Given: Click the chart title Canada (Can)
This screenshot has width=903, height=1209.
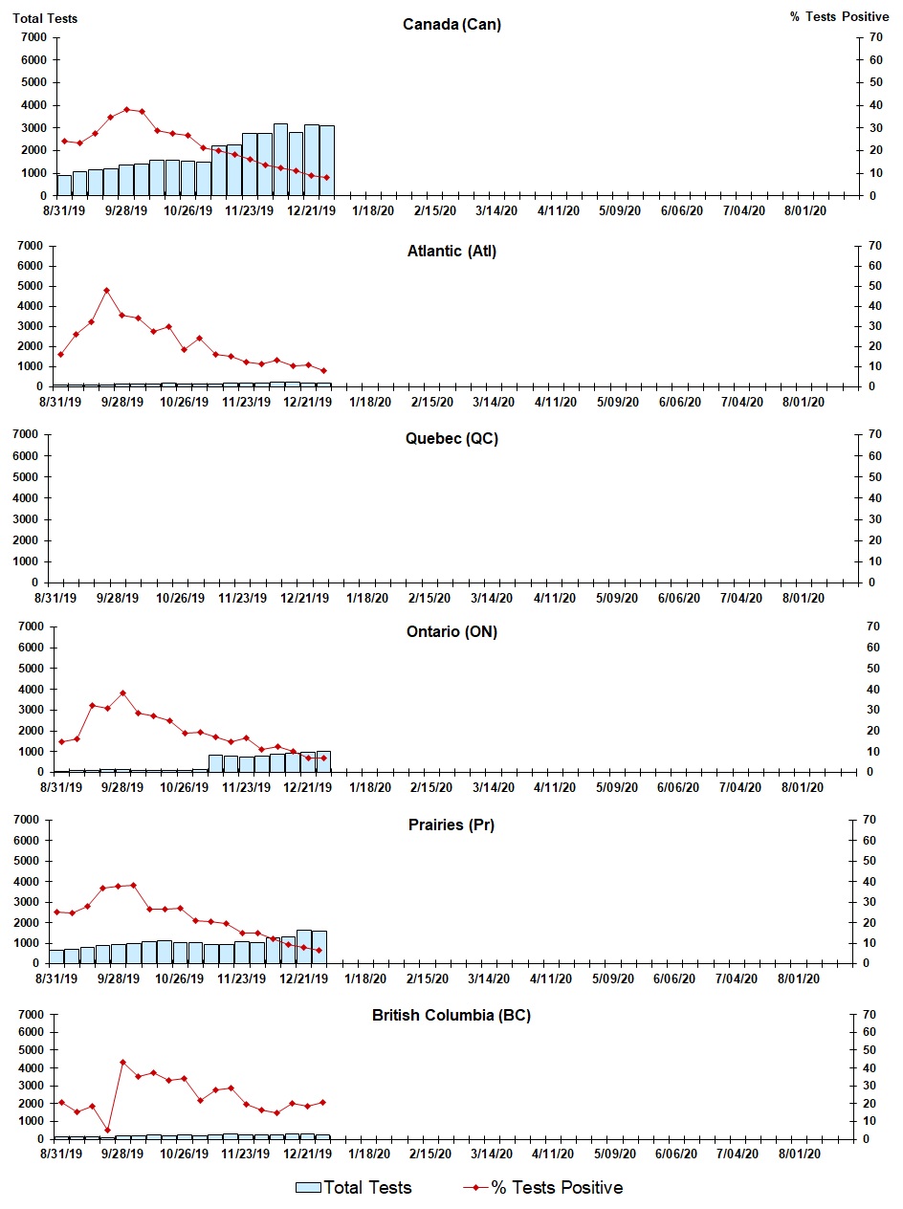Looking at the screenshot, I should pos(451,25).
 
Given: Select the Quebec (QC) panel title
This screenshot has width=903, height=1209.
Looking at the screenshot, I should pos(451,439).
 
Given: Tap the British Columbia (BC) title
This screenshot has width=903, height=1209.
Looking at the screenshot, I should pos(451,1015).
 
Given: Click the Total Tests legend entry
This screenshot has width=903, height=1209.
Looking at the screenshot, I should pos(354,1188).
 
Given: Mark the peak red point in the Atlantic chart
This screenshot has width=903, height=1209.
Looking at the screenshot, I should pos(107,290).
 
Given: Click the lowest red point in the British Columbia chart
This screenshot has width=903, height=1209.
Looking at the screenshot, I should pos(107,1130).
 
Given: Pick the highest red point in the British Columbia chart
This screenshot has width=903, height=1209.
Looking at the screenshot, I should pos(122,1062).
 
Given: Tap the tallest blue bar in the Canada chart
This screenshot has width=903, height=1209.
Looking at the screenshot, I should pos(280,160).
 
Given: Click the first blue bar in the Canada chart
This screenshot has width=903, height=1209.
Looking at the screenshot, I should pos(64,186).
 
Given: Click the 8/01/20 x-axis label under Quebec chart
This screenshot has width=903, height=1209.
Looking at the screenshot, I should pos(804,598).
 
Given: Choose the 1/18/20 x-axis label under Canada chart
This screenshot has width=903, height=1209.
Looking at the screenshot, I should pos(370,211).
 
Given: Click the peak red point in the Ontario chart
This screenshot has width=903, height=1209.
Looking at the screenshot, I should pos(122,692).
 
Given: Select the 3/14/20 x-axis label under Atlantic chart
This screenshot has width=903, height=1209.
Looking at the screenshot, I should pos(494,403).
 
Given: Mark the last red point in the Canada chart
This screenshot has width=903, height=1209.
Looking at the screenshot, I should pos(326,178).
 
